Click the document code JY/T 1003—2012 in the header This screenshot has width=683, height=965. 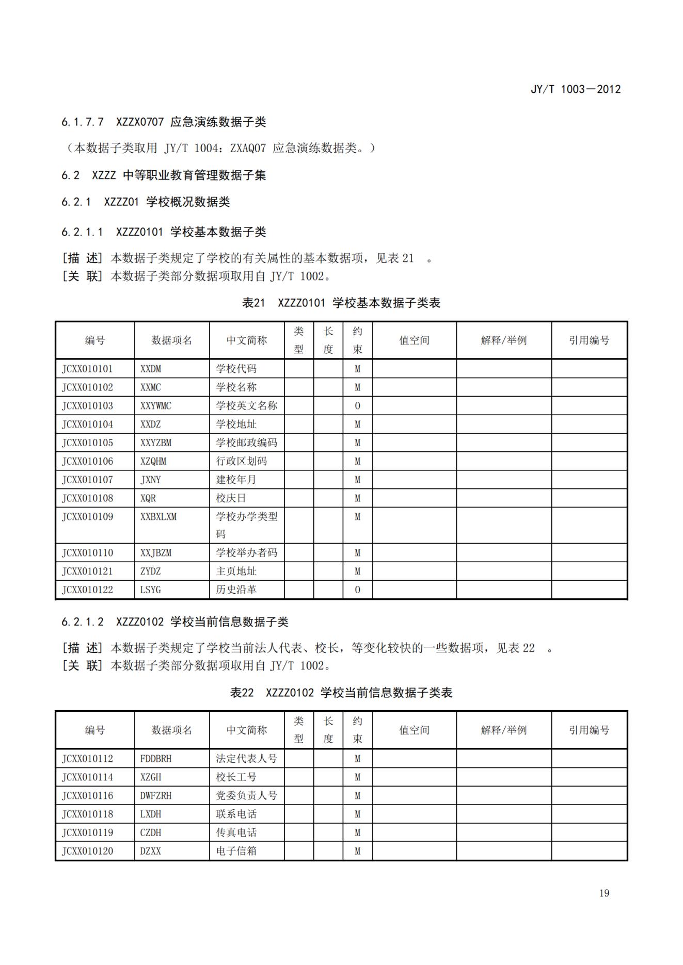576,89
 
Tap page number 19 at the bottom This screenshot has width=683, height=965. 604,893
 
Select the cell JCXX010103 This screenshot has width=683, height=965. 87,406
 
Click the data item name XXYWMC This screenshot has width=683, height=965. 155,406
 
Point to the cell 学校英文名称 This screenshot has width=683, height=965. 246,406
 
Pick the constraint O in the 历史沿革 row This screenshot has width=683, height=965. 357,590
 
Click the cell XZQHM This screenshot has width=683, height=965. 153,461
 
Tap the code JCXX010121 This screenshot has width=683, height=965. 87,571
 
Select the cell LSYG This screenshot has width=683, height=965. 150,590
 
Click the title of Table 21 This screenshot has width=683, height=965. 341,303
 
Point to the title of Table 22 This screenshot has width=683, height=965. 341,693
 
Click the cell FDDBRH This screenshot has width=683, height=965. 155,759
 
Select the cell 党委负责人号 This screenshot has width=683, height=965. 246,795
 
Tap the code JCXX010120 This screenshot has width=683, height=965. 87,851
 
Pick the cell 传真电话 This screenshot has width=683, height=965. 236,832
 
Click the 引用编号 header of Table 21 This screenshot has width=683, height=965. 589,340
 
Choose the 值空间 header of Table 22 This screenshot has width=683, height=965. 414,730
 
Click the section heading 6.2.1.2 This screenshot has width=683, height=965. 174,622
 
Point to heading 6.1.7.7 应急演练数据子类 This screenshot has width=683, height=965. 164,122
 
